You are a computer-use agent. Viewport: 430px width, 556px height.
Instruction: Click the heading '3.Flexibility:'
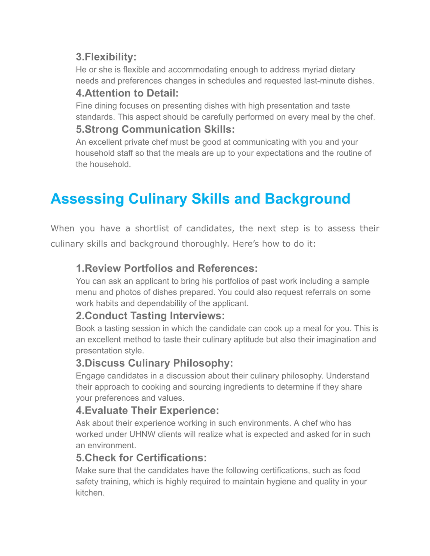point(106,57)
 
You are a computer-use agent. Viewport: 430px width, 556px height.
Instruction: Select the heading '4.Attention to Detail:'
point(127,93)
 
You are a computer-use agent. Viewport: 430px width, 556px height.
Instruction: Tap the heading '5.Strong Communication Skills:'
point(155,129)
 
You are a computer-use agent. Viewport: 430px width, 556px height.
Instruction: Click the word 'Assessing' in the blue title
point(87,199)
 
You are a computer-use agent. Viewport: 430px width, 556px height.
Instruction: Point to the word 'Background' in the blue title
point(308,199)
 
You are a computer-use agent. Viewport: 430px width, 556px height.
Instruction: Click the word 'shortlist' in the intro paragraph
point(152,228)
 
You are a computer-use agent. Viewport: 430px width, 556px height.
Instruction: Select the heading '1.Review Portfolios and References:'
point(167,268)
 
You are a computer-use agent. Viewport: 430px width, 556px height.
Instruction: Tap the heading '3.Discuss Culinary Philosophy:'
point(154,363)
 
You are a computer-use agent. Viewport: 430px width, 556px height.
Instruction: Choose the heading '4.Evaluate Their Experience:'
point(147,410)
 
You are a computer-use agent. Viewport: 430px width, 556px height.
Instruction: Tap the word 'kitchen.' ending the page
point(90,493)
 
